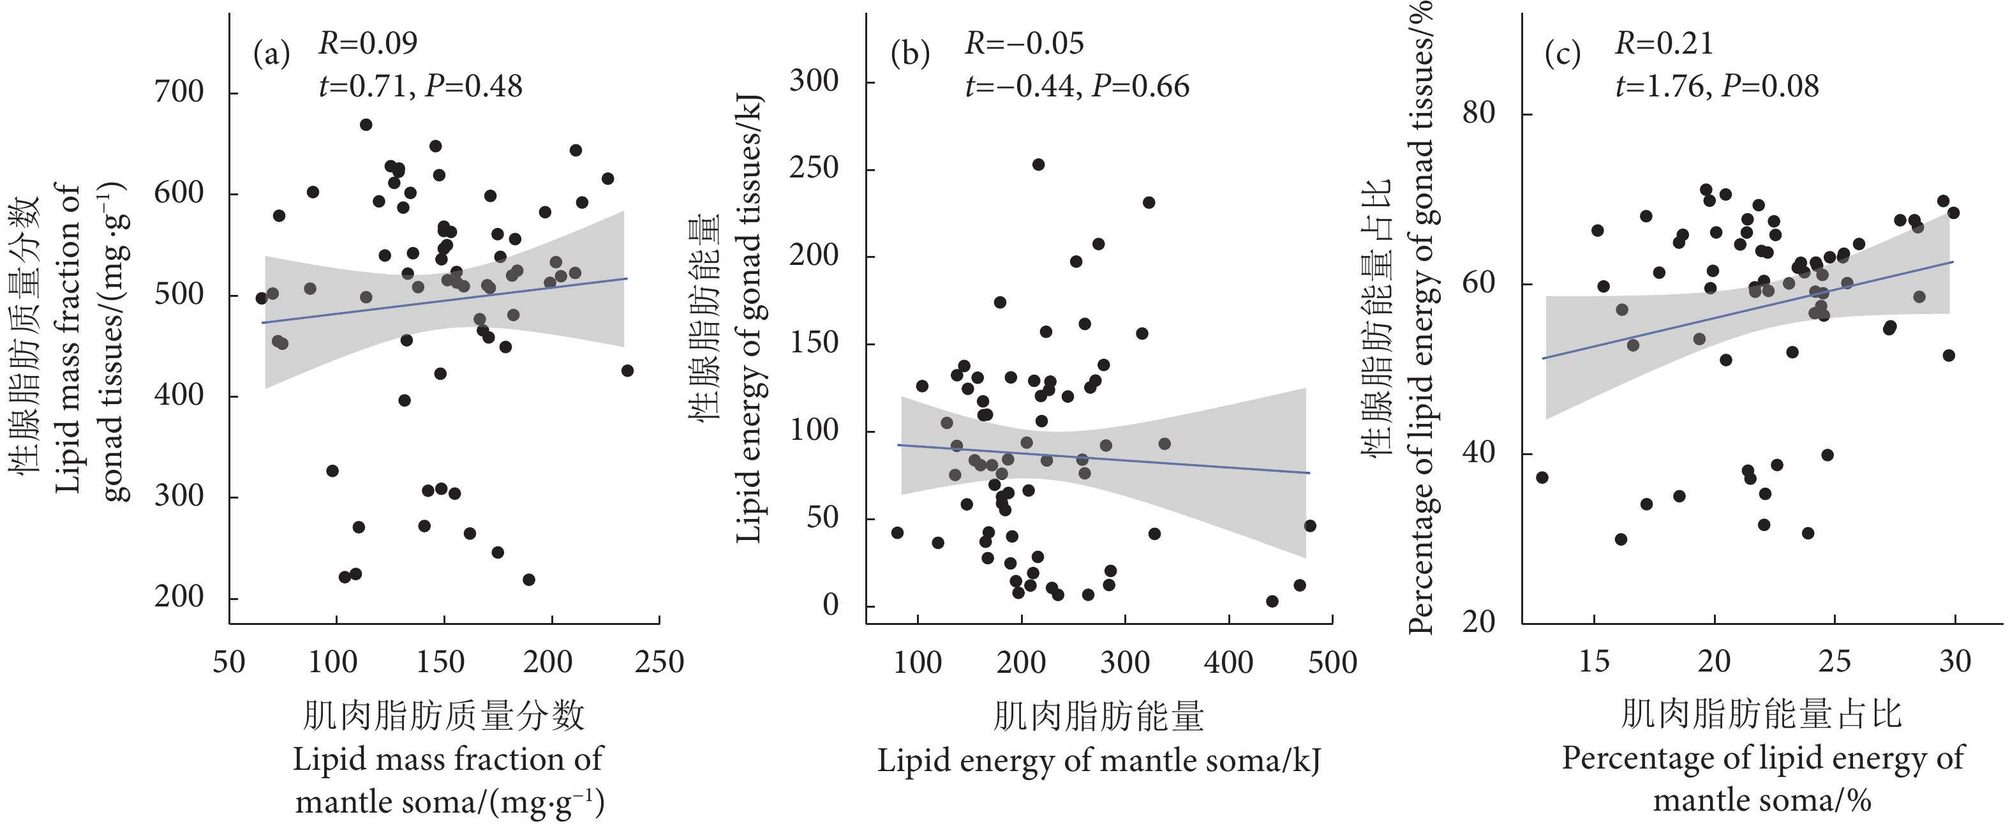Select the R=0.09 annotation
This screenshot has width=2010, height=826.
tap(368, 43)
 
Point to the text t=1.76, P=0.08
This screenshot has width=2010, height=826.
tap(1716, 86)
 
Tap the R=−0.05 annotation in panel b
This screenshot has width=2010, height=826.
tap(1025, 43)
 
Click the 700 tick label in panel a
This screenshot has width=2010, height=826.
tap(179, 92)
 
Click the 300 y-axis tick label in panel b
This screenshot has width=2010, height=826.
tap(813, 80)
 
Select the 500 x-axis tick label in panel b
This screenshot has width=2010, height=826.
tap(1331, 662)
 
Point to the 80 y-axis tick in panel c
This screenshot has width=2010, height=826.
tap(1478, 112)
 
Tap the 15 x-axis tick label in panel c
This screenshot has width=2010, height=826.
tap(1594, 662)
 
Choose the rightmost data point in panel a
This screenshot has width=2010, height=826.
tap(627, 371)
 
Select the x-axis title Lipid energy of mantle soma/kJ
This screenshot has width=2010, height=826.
tap(1098, 760)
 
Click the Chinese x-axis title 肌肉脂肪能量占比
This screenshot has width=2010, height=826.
tap(1761, 714)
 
